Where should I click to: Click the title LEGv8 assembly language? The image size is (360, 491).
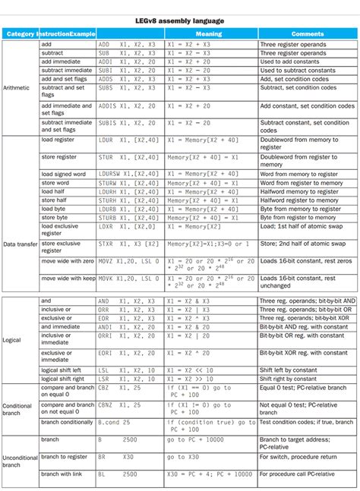(x=179, y=20)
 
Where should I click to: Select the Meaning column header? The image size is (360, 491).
(x=209, y=34)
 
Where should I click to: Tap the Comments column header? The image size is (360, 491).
(x=308, y=34)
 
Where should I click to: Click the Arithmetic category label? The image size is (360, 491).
(x=18, y=87)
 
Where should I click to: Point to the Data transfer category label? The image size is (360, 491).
(x=21, y=244)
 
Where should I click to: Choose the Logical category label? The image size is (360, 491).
(x=14, y=339)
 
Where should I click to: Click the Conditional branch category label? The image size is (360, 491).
(x=18, y=410)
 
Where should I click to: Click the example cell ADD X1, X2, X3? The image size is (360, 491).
(x=126, y=45)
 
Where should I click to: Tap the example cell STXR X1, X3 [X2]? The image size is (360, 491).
(x=128, y=243)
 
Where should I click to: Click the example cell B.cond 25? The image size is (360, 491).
(x=115, y=422)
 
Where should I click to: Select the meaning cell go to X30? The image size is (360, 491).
(x=183, y=456)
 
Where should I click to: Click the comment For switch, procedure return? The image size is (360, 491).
(x=302, y=456)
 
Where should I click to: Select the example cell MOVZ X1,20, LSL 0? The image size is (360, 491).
(x=128, y=260)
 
